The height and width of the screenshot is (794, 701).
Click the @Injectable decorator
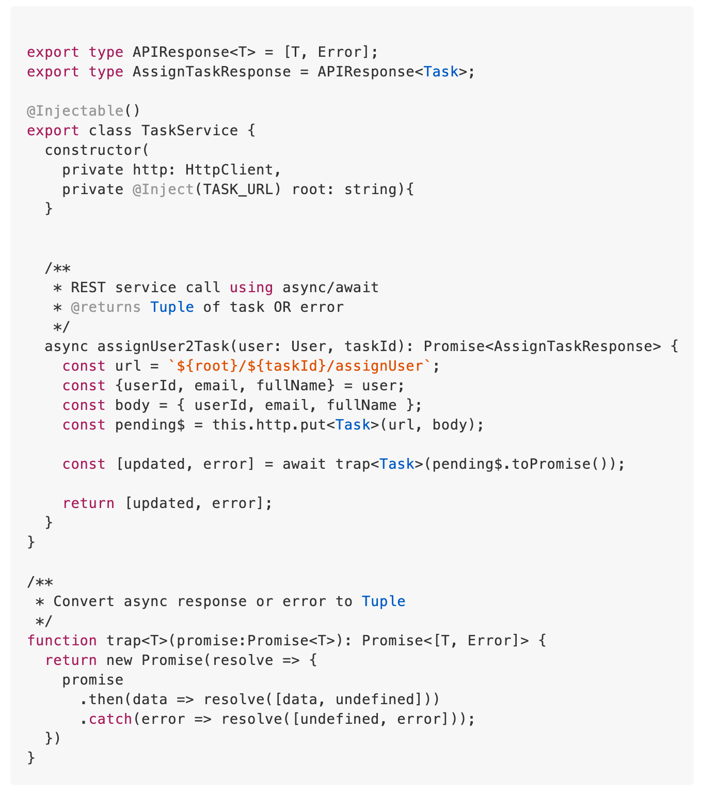tap(75, 111)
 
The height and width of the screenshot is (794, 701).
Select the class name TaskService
tap(189, 131)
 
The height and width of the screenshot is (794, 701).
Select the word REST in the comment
tap(88, 288)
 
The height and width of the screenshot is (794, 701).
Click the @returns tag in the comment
tap(106, 307)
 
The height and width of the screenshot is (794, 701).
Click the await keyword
tap(304, 464)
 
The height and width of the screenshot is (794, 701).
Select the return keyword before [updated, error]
tap(88, 503)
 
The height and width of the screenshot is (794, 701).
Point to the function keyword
tap(62, 641)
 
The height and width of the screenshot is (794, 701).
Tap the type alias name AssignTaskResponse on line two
tap(212, 72)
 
